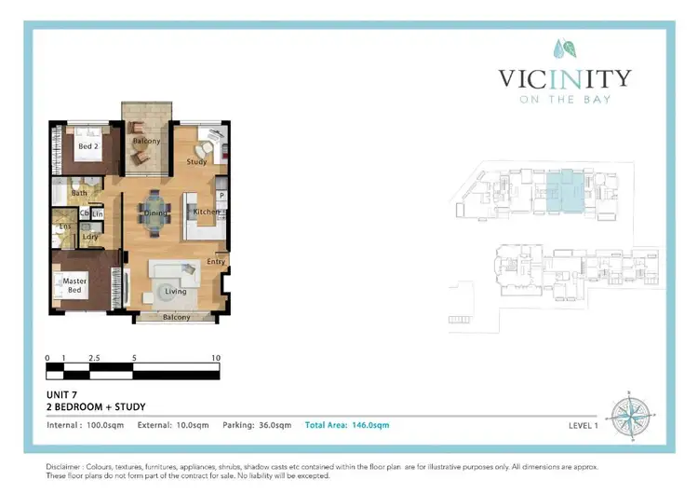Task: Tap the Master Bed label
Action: [74, 285]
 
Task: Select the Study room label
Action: [196, 161]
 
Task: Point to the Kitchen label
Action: [207, 213]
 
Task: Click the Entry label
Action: [217, 262]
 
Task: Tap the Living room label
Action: [176, 291]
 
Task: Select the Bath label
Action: [79, 194]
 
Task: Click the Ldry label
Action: [90, 237]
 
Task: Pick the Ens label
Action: [65, 226]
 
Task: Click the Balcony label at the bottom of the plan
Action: [176, 317]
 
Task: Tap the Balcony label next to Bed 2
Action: [145, 142]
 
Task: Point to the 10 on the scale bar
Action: [216, 358]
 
